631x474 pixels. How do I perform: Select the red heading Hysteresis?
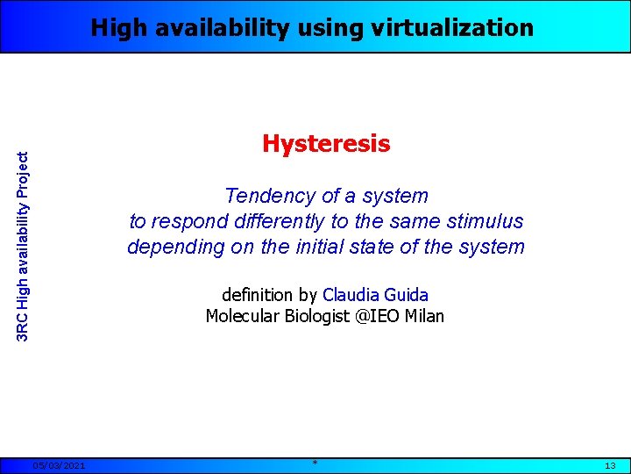click(326, 144)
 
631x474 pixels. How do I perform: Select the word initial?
click(332, 248)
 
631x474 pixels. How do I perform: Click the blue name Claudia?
click(351, 295)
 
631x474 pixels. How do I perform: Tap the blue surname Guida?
click(407, 295)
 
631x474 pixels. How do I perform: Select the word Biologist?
click(317, 316)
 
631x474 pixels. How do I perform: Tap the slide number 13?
click(611, 465)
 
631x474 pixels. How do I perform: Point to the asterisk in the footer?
click(315, 463)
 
